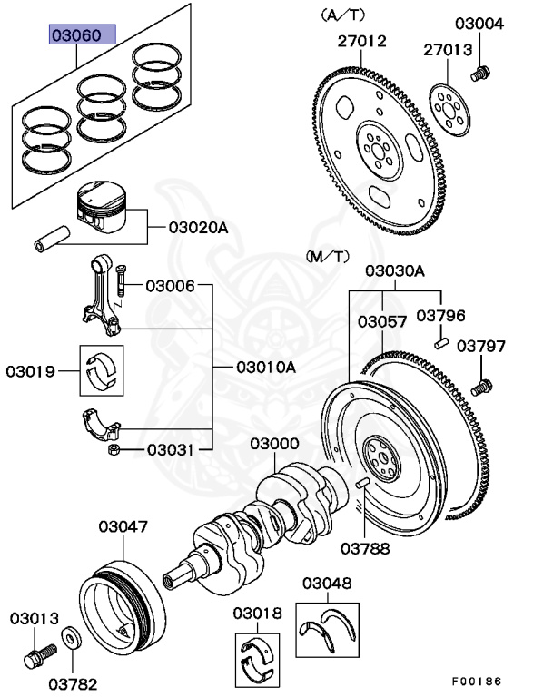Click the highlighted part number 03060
click(82, 36)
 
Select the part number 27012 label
click(361, 41)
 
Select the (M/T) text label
click(328, 257)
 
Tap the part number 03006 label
click(170, 286)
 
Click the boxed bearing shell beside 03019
click(100, 370)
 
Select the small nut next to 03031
click(114, 449)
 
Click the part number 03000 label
click(275, 444)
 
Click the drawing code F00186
click(477, 681)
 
